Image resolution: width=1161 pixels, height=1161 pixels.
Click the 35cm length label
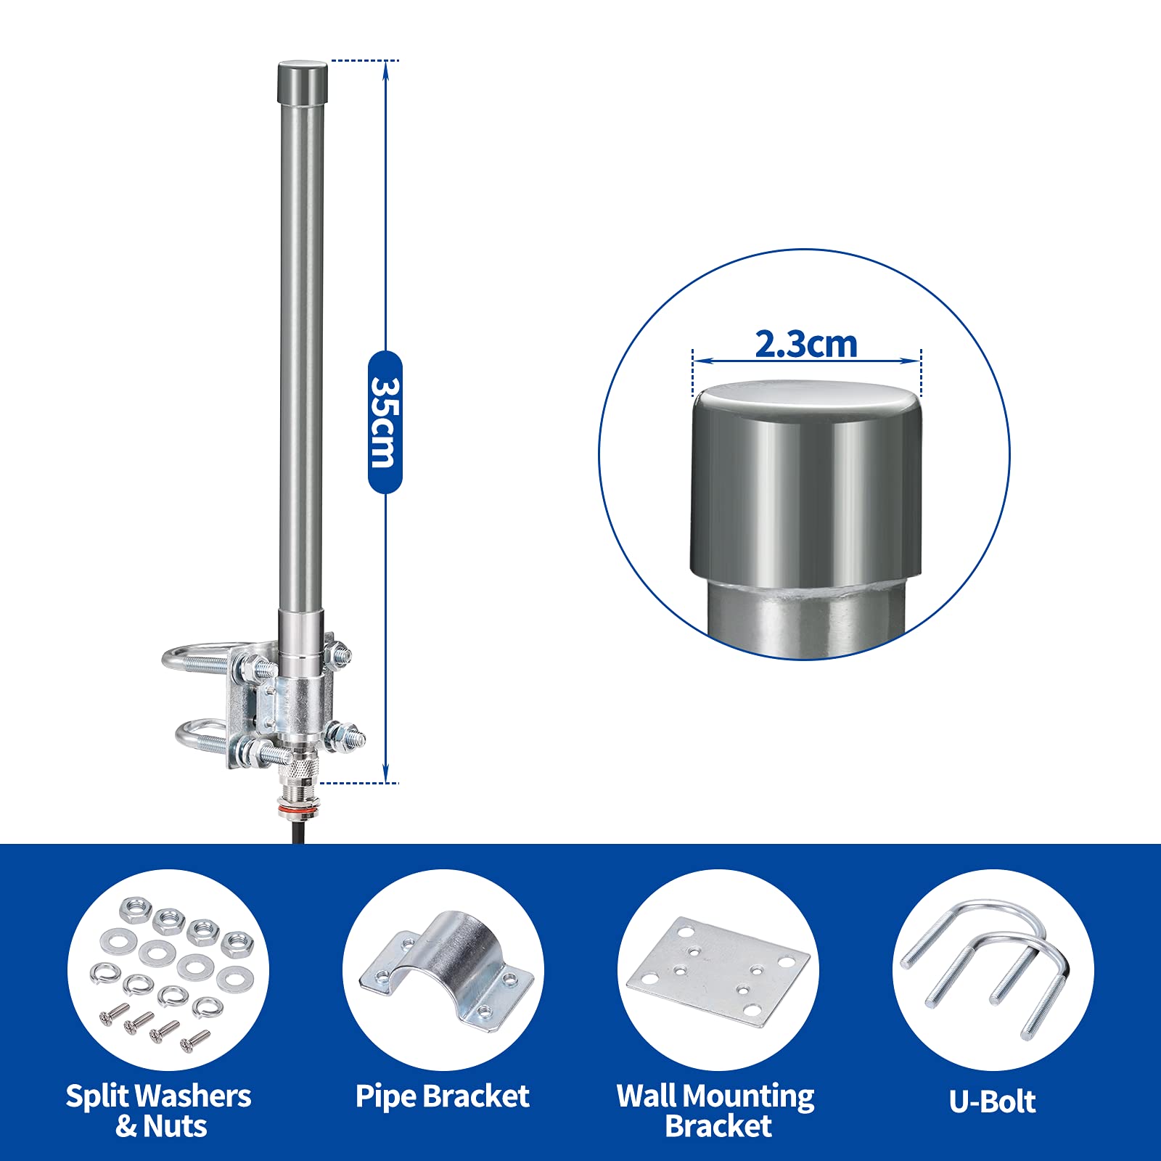coord(385,422)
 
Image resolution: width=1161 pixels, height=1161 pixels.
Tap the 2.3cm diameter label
coord(806,343)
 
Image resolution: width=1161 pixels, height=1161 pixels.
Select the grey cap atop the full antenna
coord(303,84)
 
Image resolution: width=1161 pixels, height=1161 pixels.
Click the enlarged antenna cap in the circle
coord(806,479)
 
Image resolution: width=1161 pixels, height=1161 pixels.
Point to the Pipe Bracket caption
coord(443,1096)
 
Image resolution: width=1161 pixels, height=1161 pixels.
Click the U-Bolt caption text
coord(992,1101)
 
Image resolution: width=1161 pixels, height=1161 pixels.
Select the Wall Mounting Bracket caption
coord(716,1111)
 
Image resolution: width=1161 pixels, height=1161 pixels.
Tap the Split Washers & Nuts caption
coord(159,1111)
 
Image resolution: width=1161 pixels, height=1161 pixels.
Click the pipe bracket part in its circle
coord(446,969)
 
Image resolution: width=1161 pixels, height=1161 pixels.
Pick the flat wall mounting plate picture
coord(718,972)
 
